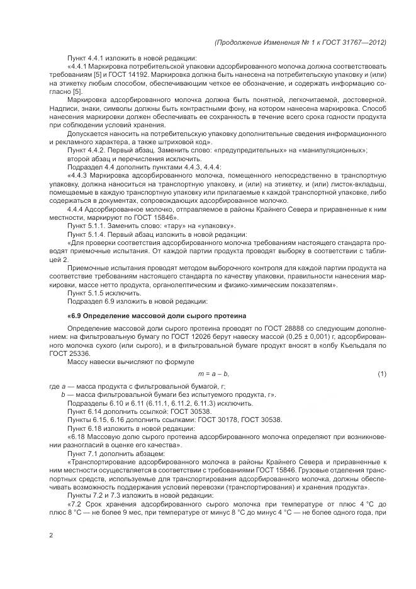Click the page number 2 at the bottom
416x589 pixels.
[50, 535]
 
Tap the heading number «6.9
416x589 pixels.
[74, 315]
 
